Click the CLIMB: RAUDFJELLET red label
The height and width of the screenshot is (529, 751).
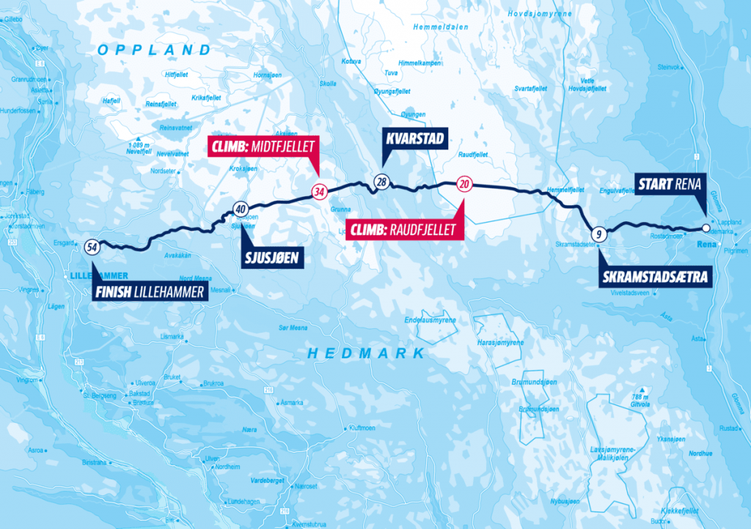click(406, 229)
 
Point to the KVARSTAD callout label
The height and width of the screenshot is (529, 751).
click(408, 139)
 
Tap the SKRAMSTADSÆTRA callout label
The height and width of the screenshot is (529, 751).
click(654, 278)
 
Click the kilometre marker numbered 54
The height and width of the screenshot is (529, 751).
click(92, 247)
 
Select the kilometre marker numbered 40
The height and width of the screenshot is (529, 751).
click(240, 210)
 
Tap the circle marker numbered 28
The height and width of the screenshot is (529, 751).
click(381, 182)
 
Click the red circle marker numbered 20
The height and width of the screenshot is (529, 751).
click(464, 184)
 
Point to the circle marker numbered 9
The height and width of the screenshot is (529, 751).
click(599, 234)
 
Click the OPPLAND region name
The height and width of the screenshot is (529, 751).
click(154, 50)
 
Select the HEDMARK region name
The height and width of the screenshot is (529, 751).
click(367, 353)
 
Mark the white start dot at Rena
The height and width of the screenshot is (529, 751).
click(706, 228)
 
